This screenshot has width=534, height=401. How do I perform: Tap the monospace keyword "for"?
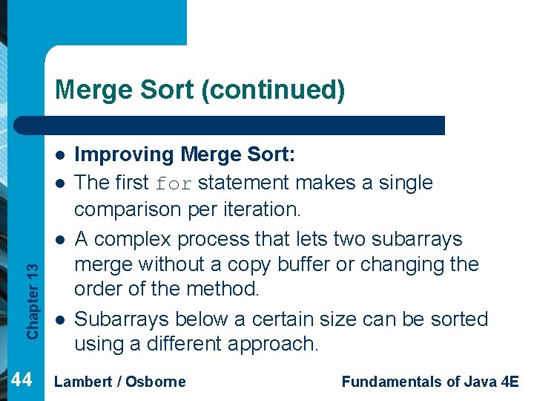[x=174, y=183]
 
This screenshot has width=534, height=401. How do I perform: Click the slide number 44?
[x=22, y=380]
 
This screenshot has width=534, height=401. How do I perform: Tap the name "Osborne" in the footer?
[x=156, y=382]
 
